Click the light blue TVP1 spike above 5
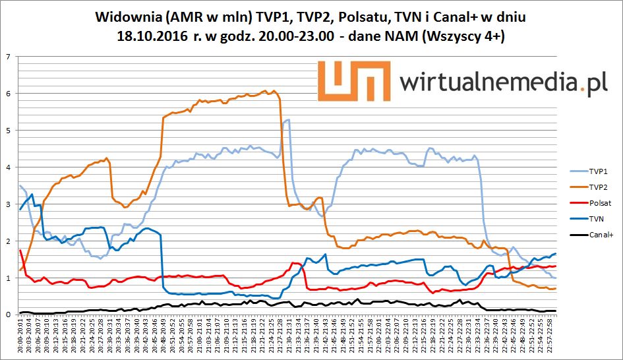click(x=287, y=121)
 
